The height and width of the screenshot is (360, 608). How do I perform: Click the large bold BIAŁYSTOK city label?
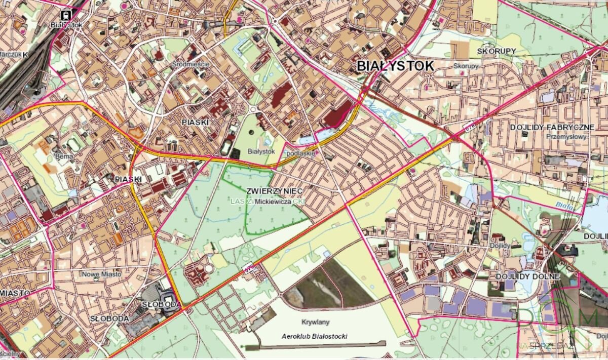(395, 66)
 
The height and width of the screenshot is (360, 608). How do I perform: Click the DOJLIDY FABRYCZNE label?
(552, 127)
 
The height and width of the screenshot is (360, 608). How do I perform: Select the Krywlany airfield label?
(315, 322)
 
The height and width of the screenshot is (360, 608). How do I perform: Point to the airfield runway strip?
(314, 345)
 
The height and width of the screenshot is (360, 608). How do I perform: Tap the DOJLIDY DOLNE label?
(527, 276)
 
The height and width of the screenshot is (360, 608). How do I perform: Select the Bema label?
(65, 157)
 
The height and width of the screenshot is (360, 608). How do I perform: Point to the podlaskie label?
(301, 153)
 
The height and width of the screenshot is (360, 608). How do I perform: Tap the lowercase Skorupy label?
(466, 66)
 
